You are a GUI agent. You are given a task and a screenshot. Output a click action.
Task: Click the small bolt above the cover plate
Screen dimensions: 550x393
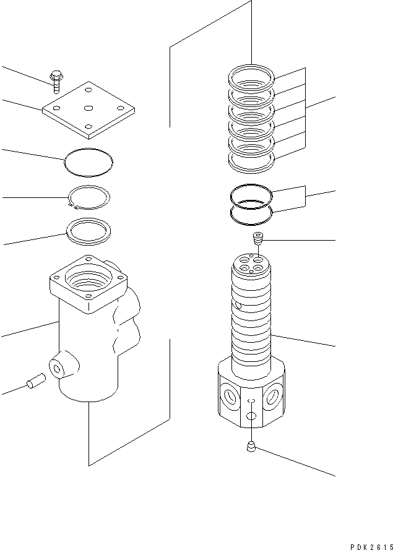pyautogui.click(x=55, y=80)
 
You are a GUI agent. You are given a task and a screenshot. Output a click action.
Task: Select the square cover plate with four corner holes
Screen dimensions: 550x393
pyautogui.click(x=88, y=108)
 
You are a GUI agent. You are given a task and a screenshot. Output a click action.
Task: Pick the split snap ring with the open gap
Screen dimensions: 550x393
pyautogui.click(x=89, y=197)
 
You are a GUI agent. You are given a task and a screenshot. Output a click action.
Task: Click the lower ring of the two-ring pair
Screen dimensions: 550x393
pyautogui.click(x=251, y=214)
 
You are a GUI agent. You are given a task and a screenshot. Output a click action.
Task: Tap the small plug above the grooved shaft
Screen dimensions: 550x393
pyautogui.click(x=258, y=238)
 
